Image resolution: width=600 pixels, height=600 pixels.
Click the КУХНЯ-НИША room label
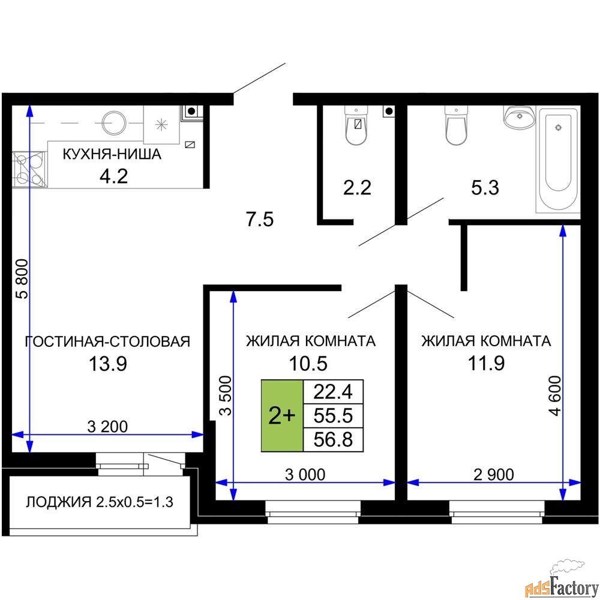(112, 154)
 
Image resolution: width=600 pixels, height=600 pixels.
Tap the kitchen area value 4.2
(114, 176)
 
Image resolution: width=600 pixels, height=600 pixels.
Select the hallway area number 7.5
(260, 220)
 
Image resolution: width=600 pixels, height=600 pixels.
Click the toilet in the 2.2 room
(356, 126)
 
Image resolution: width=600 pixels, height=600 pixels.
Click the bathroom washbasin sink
(519, 118)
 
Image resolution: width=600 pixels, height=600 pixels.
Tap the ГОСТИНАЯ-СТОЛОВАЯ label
(107, 341)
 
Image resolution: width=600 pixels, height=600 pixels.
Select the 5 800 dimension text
(22, 278)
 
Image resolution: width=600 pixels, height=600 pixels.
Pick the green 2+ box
(281, 415)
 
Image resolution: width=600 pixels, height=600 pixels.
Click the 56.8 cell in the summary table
(334, 439)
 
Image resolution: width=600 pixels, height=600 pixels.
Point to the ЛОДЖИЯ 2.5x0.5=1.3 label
(99, 502)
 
